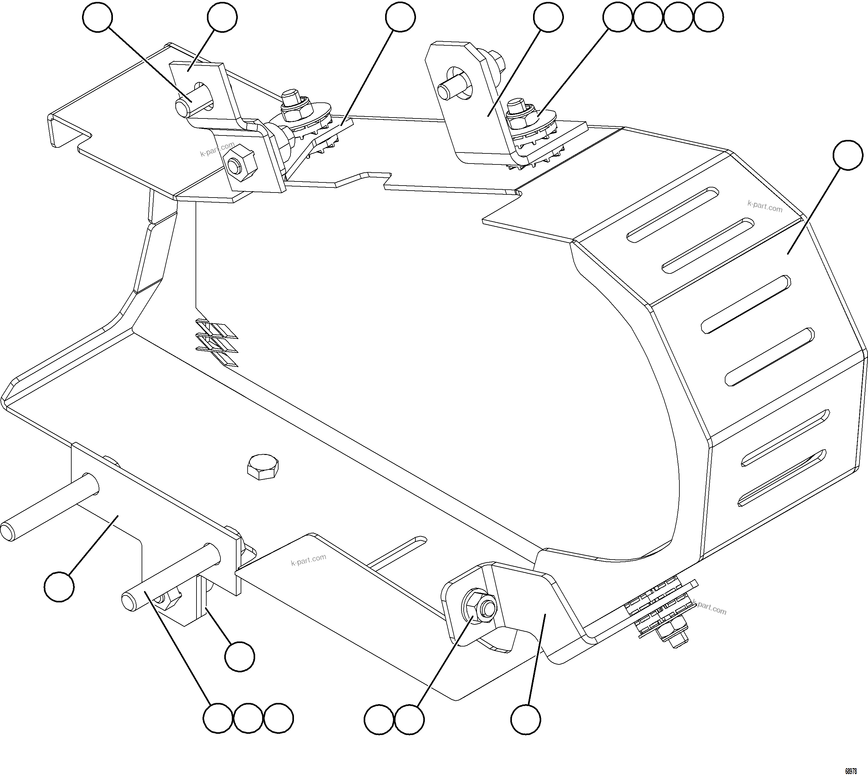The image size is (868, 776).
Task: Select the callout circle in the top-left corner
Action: [x=97, y=17]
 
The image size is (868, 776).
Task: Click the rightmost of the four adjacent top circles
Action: [x=708, y=17]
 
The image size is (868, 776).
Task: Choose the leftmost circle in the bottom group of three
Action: [x=218, y=718]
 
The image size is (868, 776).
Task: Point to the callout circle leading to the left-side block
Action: [x=59, y=587]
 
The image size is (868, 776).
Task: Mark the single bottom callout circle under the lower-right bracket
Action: [x=526, y=719]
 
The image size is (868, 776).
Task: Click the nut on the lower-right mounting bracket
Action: [x=478, y=605]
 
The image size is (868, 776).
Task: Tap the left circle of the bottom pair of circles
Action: [x=379, y=719]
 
